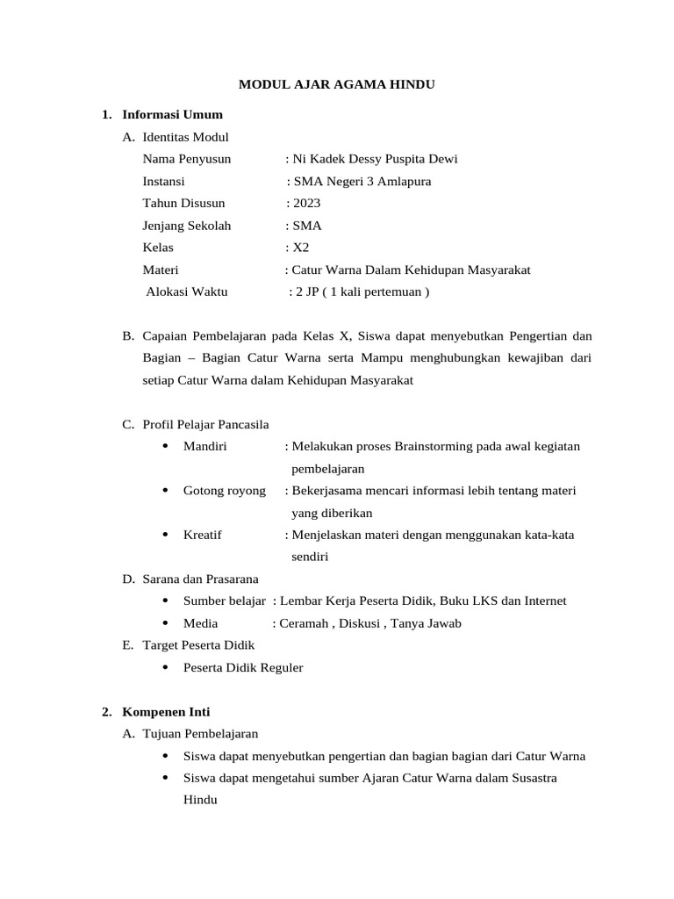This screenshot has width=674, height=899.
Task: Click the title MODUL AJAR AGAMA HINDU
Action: point(337,85)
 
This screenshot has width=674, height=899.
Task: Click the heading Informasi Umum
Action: point(172,114)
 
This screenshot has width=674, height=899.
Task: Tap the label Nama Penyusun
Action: point(187,159)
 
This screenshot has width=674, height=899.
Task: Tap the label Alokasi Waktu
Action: point(187,292)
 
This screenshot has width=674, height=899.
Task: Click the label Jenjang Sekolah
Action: point(187,226)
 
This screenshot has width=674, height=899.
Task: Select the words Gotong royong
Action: point(224,491)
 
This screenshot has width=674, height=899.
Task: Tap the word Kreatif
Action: point(203,535)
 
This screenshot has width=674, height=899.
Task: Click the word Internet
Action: point(544,601)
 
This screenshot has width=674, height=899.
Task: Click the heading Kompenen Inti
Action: point(166,712)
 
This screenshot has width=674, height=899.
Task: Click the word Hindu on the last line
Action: point(200,801)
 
